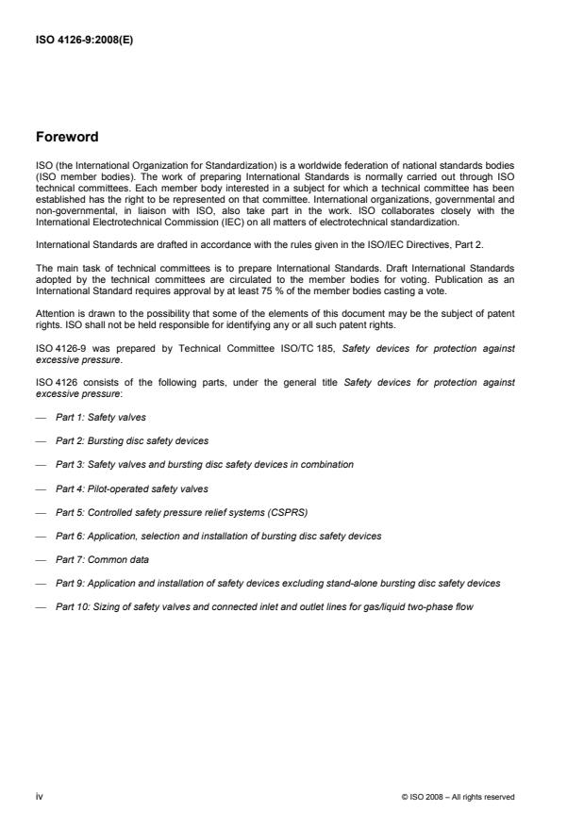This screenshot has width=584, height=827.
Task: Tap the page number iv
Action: (39, 797)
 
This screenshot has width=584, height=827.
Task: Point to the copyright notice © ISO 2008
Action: (458, 797)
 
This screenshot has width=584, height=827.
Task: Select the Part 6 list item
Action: (218, 536)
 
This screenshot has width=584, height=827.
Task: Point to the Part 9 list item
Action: (277, 583)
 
